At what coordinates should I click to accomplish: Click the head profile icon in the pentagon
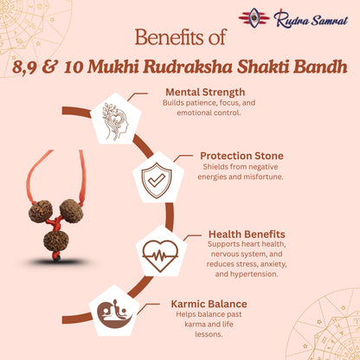(x=115, y=119)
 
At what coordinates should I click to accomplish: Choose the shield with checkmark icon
(x=158, y=178)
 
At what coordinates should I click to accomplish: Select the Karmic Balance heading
(x=209, y=304)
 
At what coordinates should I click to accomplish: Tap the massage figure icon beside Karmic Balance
(x=114, y=312)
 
